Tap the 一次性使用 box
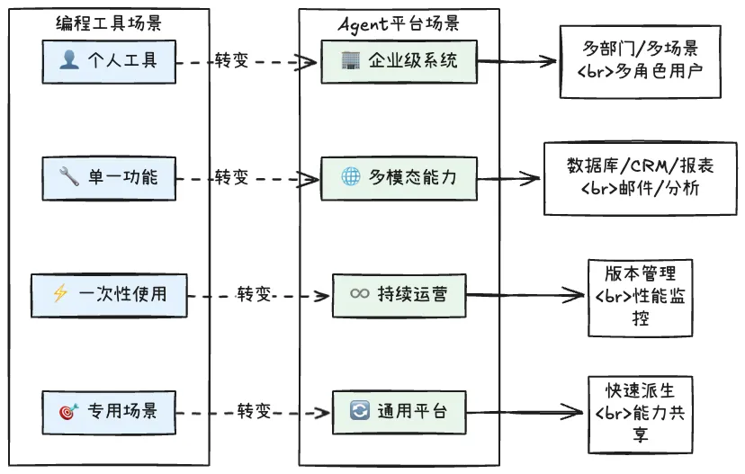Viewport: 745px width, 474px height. pyautogui.click(x=109, y=294)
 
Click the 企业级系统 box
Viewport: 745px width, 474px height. pyautogui.click(x=399, y=61)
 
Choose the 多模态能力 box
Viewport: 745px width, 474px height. pyautogui.click(x=399, y=177)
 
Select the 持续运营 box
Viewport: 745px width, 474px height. pyautogui.click(x=399, y=294)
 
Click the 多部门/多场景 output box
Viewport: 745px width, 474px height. pyautogui.click(x=639, y=60)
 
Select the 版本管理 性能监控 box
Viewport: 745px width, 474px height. pyautogui.click(x=640, y=296)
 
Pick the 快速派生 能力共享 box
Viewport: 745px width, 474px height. pyautogui.click(x=639, y=413)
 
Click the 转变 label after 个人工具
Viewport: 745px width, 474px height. pyautogui.click(x=231, y=61)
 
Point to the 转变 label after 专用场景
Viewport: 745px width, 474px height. pyautogui.click(x=254, y=412)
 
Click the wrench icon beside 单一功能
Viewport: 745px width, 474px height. pyautogui.click(x=70, y=177)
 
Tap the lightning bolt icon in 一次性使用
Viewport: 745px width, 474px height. pyautogui.click(x=61, y=294)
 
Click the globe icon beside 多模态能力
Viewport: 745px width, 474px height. pyautogui.click(x=351, y=177)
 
